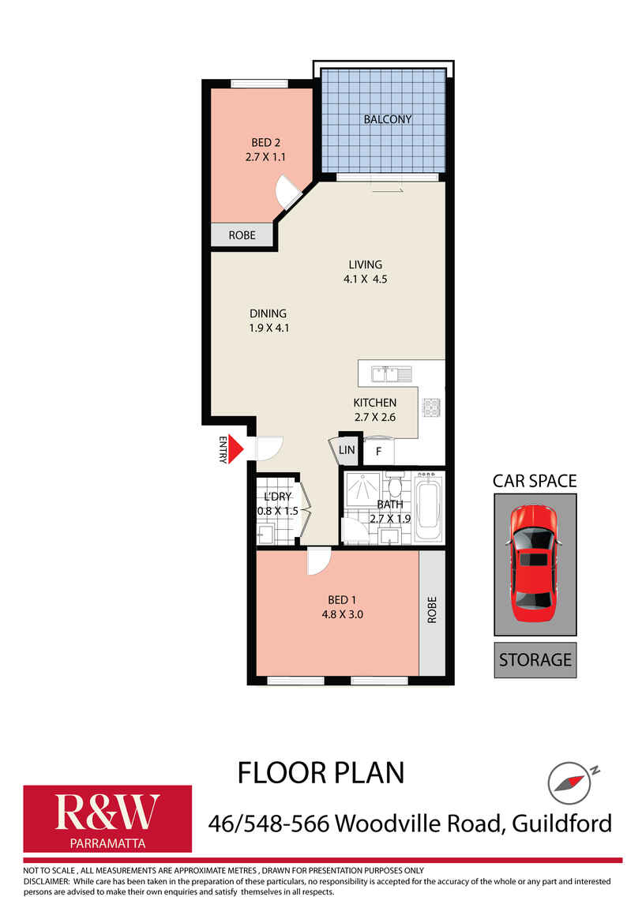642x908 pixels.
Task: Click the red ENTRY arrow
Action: pos(240,448)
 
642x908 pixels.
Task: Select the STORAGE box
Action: pos(535,659)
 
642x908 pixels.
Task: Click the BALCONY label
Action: pos(387,120)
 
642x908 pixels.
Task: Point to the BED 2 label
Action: pos(266,143)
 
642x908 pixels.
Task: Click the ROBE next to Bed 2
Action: pos(242,235)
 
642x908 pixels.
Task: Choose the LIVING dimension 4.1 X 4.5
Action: pos(366,279)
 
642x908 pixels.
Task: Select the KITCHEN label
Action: pos(374,403)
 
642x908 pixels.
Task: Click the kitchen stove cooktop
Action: pos(432,407)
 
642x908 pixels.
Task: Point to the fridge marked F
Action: pos(379,452)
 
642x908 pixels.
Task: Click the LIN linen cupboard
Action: pos(347,450)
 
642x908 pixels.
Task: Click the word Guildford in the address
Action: pos(561,824)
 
